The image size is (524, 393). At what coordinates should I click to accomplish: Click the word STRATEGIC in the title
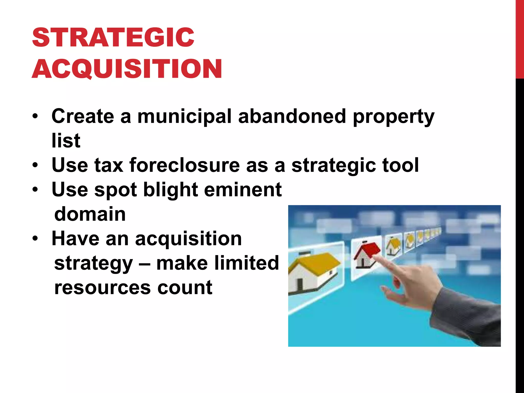point(113,37)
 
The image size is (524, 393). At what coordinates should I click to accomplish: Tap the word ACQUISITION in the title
point(127,69)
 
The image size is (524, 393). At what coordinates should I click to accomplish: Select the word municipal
point(184,116)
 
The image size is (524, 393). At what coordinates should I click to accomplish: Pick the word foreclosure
point(184,165)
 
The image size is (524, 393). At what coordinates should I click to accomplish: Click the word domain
point(90,214)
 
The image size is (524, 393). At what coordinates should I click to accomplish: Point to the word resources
point(102,288)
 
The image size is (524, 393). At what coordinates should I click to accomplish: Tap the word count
point(185,288)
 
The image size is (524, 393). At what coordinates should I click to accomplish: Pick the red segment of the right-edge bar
point(520,38)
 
